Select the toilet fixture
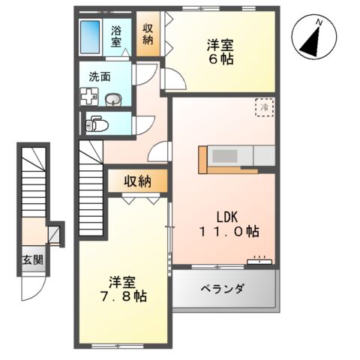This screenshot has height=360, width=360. [x=94, y=123]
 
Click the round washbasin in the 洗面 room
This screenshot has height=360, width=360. [x=113, y=99]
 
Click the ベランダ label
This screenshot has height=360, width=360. [x=222, y=289]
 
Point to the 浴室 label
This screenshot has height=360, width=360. [x=118, y=37]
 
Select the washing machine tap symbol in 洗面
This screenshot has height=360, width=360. [x=88, y=96]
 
